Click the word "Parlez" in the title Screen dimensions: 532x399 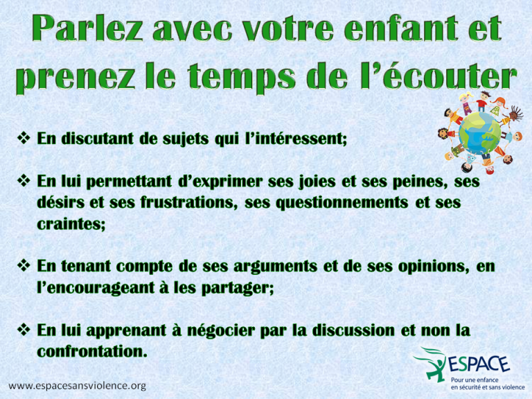87,28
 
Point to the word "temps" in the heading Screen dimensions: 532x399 241,78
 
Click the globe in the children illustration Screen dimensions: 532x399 479,133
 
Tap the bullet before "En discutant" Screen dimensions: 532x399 24,138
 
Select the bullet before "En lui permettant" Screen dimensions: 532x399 24,181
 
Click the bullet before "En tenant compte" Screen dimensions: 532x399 24,265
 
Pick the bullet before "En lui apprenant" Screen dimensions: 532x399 24,330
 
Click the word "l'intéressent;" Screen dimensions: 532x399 296,139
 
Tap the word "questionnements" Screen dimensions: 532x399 342,202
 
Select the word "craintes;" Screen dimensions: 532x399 71,224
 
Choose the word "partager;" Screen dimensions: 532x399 238,288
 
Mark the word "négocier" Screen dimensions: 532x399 221,330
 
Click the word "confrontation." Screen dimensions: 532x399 92,351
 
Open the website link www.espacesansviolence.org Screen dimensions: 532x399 78,386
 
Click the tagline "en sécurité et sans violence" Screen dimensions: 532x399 488,387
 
